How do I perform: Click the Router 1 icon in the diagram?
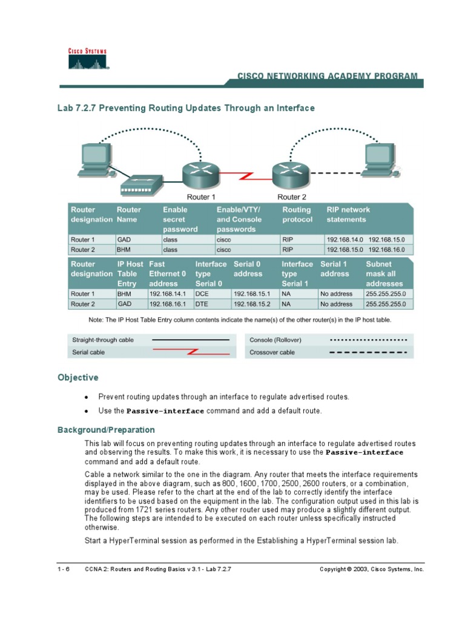tap(200, 175)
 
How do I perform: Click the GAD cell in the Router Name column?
tap(125, 239)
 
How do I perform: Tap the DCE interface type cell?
tap(202, 294)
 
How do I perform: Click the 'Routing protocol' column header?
tap(298, 215)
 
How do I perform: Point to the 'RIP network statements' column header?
tap(348, 215)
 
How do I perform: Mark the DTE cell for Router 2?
tap(202, 304)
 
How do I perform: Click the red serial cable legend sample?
tap(191, 352)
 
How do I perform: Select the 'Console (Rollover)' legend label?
tap(275, 340)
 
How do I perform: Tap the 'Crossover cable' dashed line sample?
tap(367, 352)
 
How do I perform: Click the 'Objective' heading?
tap(77, 378)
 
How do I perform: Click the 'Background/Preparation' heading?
tap(106, 430)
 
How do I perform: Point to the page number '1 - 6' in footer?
tap(63, 569)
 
